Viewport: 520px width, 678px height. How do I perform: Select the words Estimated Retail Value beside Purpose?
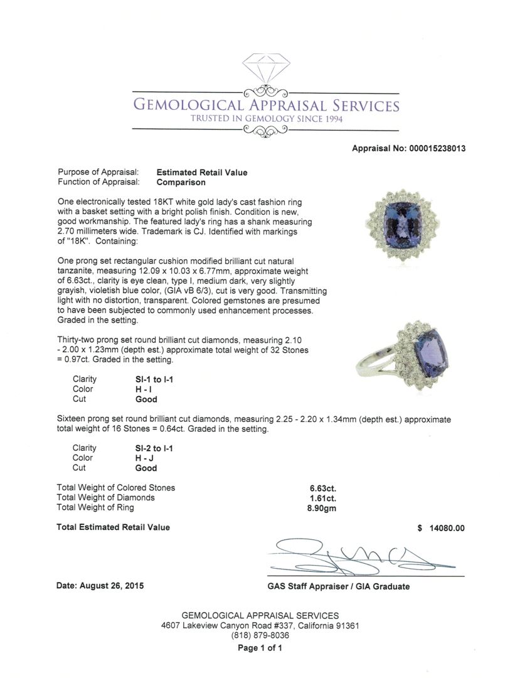click(x=202, y=173)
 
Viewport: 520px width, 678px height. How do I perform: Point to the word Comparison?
click(x=181, y=183)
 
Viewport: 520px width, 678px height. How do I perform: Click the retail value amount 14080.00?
click(x=447, y=528)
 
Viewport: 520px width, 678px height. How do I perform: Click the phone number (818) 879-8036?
click(x=260, y=635)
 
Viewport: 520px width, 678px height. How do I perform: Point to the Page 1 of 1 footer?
click(x=260, y=648)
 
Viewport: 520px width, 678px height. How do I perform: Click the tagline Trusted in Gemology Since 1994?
click(x=267, y=119)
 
